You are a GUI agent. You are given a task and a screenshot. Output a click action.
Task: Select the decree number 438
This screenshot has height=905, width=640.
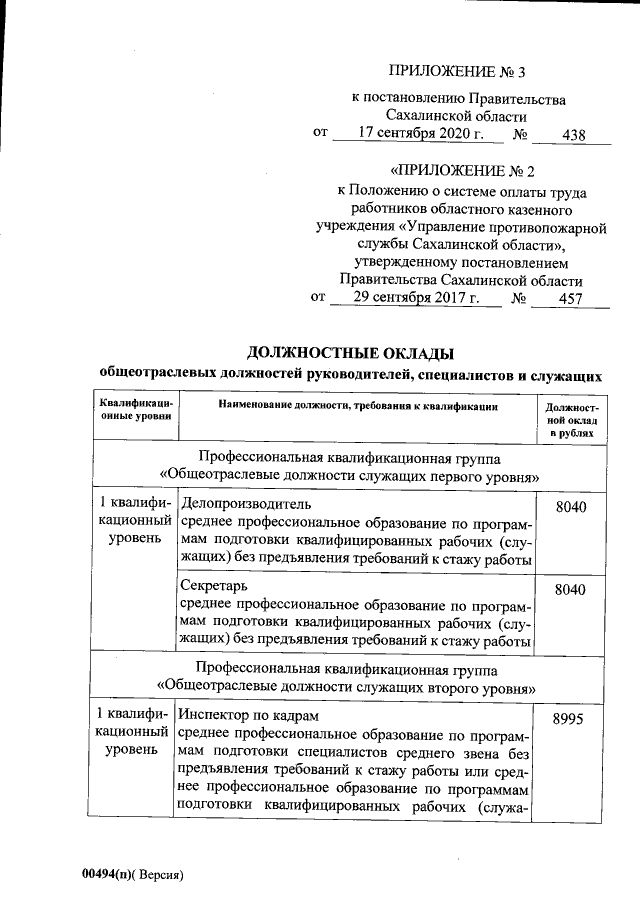(x=574, y=135)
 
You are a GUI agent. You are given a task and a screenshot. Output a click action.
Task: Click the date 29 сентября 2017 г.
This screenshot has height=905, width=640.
(x=415, y=298)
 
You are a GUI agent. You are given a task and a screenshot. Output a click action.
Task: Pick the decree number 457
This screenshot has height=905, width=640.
(x=573, y=299)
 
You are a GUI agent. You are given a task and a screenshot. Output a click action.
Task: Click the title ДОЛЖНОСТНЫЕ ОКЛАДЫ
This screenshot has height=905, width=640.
(x=350, y=353)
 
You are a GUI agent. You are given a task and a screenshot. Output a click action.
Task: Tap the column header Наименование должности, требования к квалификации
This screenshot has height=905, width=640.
(x=357, y=406)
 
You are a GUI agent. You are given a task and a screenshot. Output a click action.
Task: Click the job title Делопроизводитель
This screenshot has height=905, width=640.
(x=245, y=503)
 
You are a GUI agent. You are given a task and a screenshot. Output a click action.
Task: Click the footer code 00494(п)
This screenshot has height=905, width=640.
(x=107, y=873)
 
